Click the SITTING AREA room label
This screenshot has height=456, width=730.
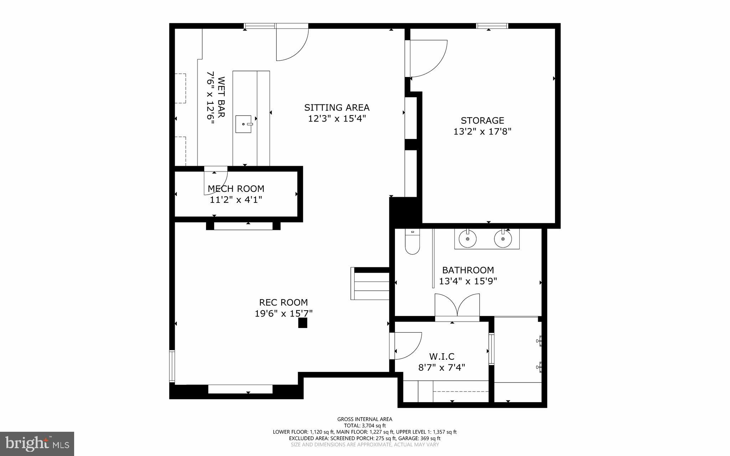pyautogui.click(x=337, y=108)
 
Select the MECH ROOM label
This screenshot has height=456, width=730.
pyautogui.click(x=236, y=189)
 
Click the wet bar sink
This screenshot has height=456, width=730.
pyautogui.click(x=244, y=124)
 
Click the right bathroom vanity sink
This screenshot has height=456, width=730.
pyautogui.click(x=503, y=239)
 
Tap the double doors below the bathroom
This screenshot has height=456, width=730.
pyautogui.click(x=457, y=306)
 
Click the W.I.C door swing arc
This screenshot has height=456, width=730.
pyautogui.click(x=406, y=346)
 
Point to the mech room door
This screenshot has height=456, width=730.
pyautogui.click(x=215, y=182)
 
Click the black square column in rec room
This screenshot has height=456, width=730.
pyautogui.click(x=303, y=323)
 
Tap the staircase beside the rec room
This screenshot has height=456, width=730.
pyautogui.click(x=371, y=284)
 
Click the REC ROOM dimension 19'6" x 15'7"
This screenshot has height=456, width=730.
pyautogui.click(x=284, y=314)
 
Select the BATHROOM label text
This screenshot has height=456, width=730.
pyautogui.click(x=468, y=270)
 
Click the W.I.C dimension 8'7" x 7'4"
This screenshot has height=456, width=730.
pyautogui.click(x=442, y=368)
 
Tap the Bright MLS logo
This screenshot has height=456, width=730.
pyautogui.click(x=37, y=444)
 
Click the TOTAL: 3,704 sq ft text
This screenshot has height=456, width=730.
pyautogui.click(x=365, y=425)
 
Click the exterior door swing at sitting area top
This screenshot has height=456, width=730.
pyautogui.click(x=292, y=43)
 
